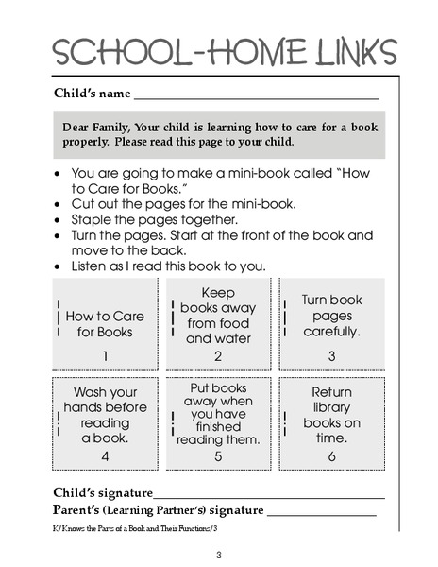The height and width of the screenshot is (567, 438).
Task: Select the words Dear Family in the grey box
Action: tap(97, 126)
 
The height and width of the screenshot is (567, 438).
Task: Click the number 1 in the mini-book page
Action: tap(106, 355)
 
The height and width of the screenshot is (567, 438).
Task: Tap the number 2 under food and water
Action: tap(218, 356)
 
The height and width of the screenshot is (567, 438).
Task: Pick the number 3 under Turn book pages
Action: tap(331, 355)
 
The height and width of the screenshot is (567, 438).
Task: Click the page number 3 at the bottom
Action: tap(218, 554)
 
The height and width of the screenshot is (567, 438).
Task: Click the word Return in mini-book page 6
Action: tap(331, 391)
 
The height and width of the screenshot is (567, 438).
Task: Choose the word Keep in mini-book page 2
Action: tap(218, 292)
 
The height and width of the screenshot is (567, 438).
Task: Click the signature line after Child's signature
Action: tap(269, 495)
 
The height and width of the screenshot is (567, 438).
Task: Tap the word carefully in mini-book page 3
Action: tap(331, 332)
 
